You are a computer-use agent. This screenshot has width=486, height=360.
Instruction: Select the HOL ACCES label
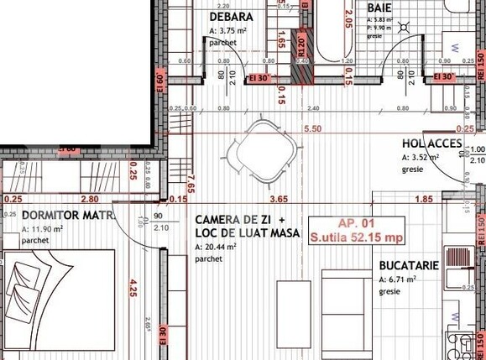(x=432, y=143)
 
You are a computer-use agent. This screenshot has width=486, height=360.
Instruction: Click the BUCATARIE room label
(x=409, y=265)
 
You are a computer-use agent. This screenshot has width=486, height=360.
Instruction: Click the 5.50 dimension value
(x=312, y=128)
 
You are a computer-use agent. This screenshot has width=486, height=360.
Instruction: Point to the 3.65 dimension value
(x=279, y=199)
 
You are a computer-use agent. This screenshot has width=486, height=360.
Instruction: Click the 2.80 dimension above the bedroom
(x=90, y=199)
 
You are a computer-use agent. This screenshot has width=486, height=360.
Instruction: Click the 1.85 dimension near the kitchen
(x=424, y=199)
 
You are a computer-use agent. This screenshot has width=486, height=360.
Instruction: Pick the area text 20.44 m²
(x=216, y=248)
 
